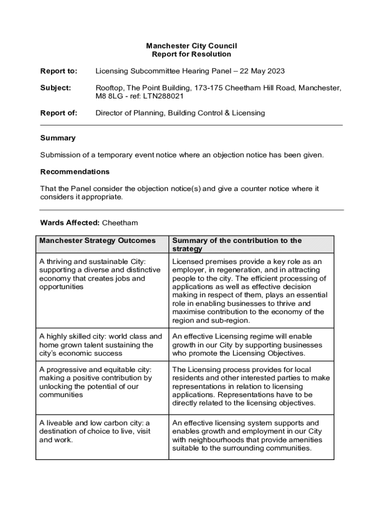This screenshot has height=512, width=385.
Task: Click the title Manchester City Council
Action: [191, 46]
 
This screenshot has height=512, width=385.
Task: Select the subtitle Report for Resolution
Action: [191, 54]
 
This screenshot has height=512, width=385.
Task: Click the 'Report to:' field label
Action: [58, 71]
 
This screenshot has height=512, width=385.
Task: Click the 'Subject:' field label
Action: [55, 88]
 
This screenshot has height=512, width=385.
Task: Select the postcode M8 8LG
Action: [108, 96]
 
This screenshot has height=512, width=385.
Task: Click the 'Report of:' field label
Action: [58, 113]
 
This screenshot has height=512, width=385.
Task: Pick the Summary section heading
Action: [57, 138]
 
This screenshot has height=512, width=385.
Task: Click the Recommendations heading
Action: [74, 171]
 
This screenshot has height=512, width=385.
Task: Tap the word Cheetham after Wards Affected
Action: [120, 222]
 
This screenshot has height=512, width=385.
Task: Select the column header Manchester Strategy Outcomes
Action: [97, 240]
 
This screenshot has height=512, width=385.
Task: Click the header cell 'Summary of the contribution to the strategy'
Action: [237, 244]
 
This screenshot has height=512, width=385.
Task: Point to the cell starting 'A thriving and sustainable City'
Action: [100, 274]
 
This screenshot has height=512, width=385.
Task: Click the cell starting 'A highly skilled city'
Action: [100, 345]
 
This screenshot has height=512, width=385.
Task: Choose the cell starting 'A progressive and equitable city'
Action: [95, 382]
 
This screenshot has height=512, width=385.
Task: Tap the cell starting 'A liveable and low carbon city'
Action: [94, 431]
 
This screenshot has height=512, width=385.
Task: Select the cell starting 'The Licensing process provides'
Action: [251, 386]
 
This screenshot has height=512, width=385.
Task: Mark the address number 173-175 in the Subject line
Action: [204, 88]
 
